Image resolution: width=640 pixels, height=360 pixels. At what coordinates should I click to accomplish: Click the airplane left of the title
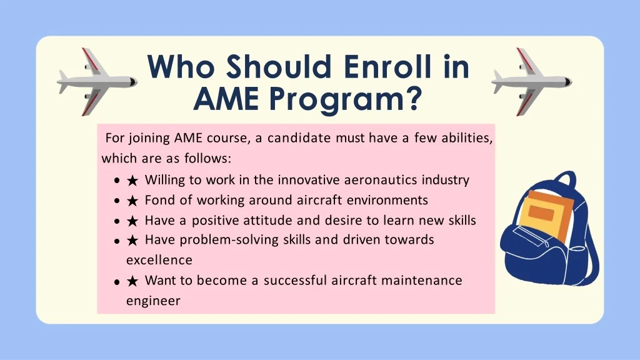pos(97,82)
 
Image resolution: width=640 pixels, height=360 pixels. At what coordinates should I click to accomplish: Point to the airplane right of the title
pos(531,82)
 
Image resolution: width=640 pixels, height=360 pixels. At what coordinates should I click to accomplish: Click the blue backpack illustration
pos(549,229)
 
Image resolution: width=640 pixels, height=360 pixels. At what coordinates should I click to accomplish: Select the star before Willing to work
pos(132,181)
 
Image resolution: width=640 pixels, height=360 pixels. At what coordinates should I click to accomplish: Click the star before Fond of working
pos(132,201)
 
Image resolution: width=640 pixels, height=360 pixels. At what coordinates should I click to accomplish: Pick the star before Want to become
pos(132,281)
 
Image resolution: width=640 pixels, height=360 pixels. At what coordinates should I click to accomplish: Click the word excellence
pos(159,260)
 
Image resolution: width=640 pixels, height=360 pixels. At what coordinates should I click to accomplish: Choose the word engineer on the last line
pos(153,301)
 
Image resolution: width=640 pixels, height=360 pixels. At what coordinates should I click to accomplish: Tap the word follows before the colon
pos(206,158)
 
